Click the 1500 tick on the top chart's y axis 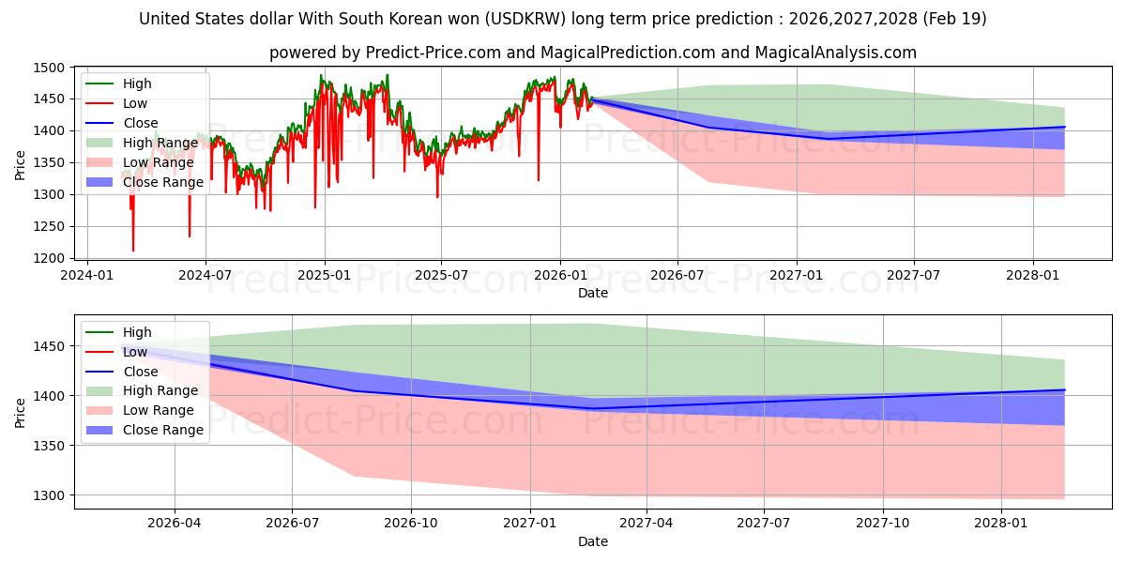[x=49, y=68]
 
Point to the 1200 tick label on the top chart [x=49, y=258]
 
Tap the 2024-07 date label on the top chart [x=205, y=276]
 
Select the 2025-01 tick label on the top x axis [x=325, y=276]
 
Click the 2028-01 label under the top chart [x=1032, y=276]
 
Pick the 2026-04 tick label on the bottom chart [x=174, y=524]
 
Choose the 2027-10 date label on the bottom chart [x=883, y=524]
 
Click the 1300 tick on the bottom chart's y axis [x=49, y=495]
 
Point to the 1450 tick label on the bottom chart [x=49, y=346]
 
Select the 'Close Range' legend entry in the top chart [x=145, y=182]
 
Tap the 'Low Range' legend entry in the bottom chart [x=140, y=410]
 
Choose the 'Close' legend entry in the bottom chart [x=122, y=372]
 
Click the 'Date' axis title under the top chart [x=593, y=293]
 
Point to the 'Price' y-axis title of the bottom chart [x=20, y=413]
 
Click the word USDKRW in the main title [x=526, y=19]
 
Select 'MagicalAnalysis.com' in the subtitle [x=835, y=53]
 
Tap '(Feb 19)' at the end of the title [x=954, y=19]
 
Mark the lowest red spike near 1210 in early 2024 [x=133, y=251]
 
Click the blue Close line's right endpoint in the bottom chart [x=1064, y=390]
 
